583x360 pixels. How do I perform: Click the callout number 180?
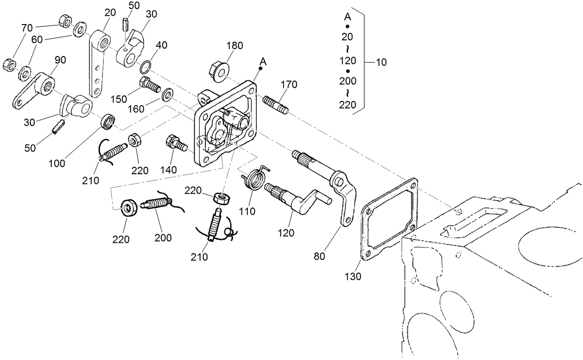(x=234, y=45)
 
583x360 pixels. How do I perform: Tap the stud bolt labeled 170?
(x=276, y=104)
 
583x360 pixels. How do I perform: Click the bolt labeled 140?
(x=175, y=142)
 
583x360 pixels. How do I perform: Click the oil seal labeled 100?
(x=109, y=120)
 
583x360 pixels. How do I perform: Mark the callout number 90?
(x=60, y=60)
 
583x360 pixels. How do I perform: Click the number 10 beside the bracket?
(x=381, y=62)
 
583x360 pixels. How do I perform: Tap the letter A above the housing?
(x=263, y=61)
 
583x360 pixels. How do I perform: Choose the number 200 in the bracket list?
(x=347, y=81)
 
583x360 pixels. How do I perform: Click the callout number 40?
(x=161, y=45)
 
